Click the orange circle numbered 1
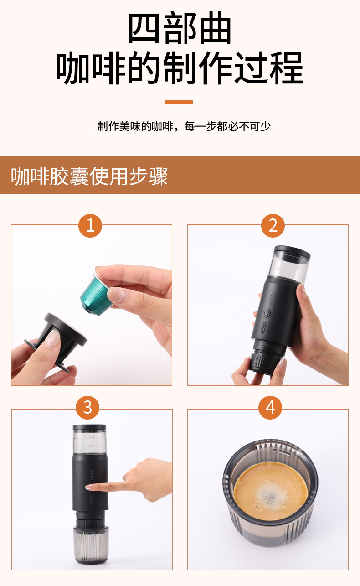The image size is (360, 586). pos(90,225)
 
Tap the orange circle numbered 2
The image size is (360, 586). pos(273,225)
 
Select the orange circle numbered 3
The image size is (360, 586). pos(87,408)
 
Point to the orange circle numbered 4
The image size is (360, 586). pos(270,408)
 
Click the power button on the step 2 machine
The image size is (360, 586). pos(267,313)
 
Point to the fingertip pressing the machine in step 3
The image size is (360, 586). pos(89,487)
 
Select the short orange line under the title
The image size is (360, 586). pos(179,102)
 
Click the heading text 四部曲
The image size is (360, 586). pos(180,28)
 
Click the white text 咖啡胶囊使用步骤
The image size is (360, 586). pos(89,176)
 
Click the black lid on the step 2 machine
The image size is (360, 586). pos(292,251)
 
